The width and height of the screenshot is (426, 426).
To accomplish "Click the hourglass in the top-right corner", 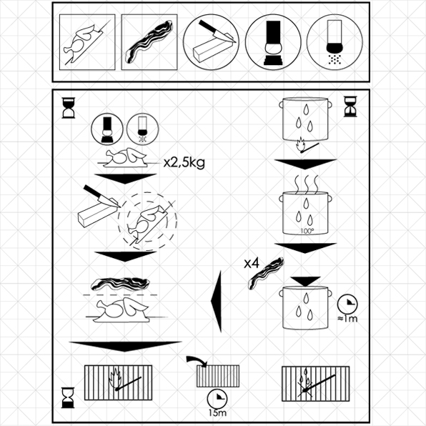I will pos(350,107).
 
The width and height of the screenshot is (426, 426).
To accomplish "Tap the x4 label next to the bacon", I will pos(251,263).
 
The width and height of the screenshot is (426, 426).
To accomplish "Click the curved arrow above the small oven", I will pos(193,357).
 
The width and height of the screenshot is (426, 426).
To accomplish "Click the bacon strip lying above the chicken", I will pos(120,282).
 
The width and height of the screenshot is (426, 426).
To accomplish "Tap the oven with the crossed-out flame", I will pos(315,385).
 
